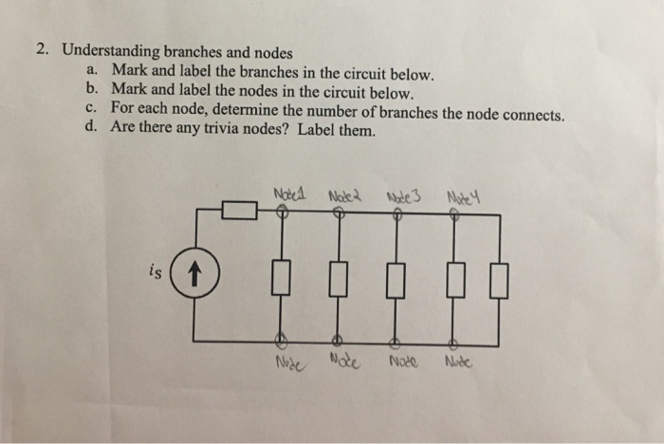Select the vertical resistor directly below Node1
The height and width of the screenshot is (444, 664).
[281, 279]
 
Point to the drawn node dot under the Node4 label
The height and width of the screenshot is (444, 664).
[454, 215]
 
